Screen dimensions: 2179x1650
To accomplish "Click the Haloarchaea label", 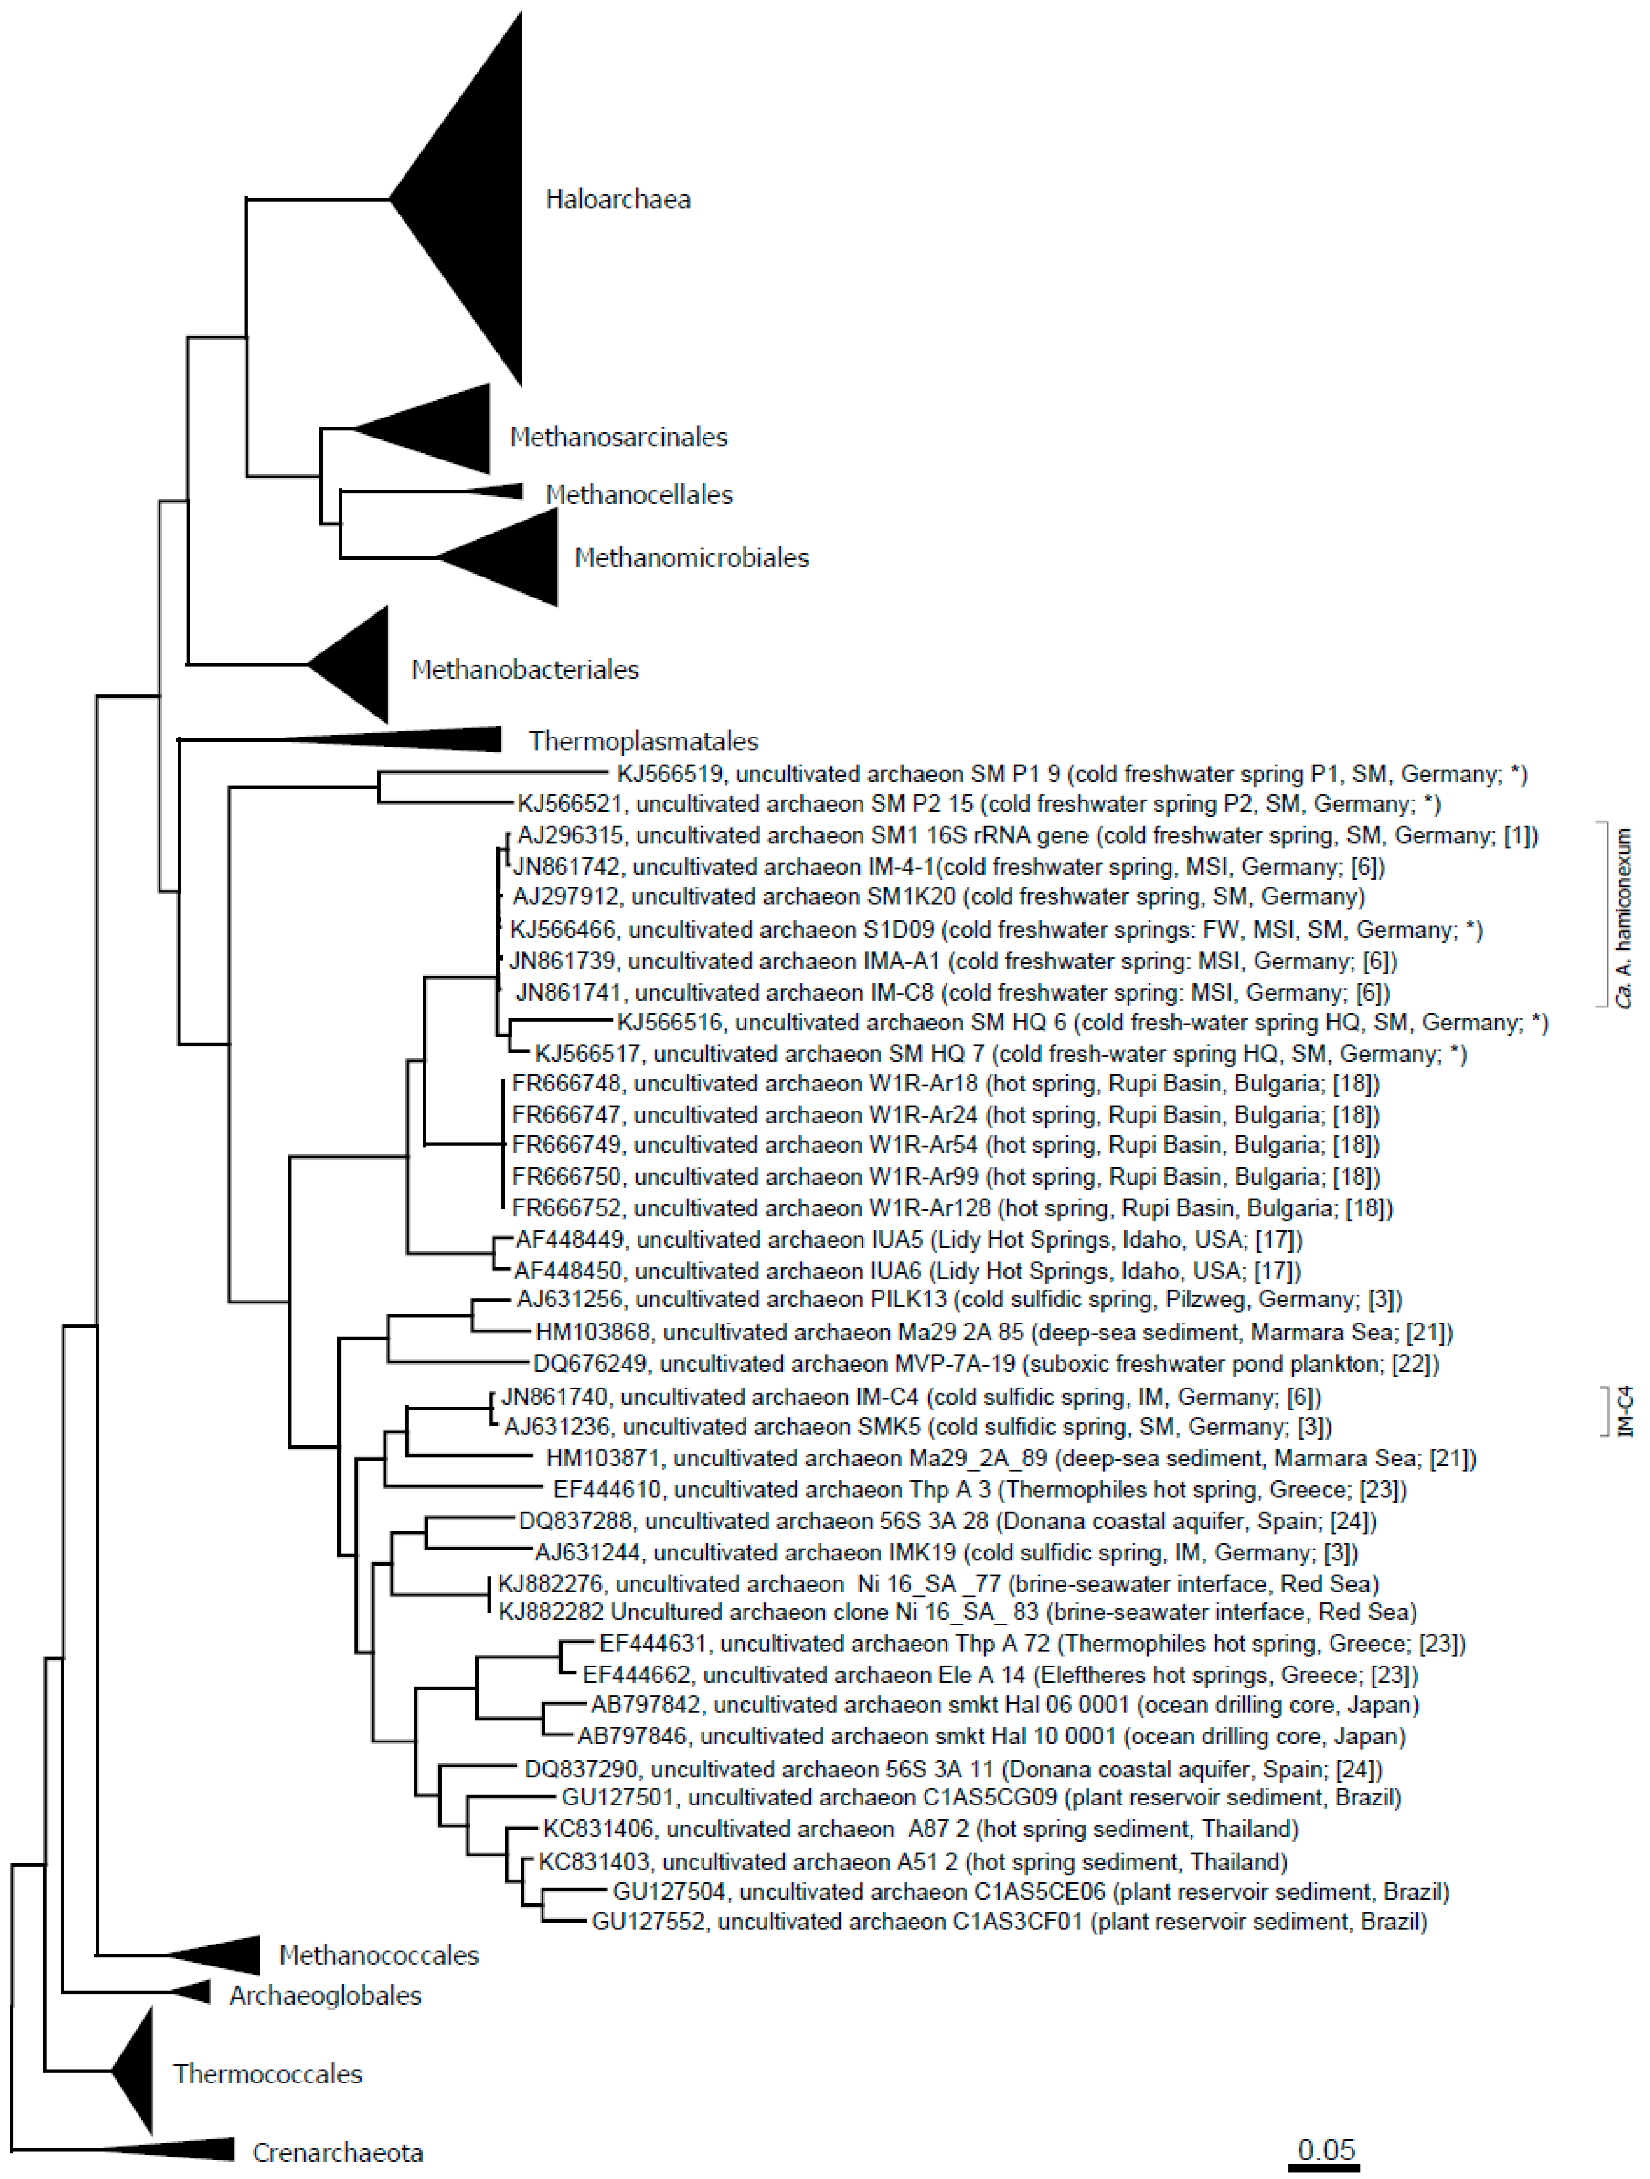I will click(x=617, y=200).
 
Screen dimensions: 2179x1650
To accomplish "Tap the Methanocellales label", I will click(x=639, y=494).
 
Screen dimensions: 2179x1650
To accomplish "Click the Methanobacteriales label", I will click(x=525, y=670).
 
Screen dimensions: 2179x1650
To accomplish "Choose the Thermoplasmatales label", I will click(x=643, y=741).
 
